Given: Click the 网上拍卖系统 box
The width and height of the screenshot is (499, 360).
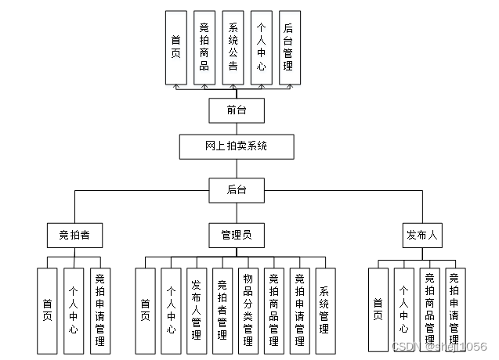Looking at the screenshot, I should tap(236, 146).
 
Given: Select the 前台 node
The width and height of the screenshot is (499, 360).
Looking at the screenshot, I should tap(236, 110).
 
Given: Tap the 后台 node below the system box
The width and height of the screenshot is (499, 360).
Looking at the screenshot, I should tap(236, 189).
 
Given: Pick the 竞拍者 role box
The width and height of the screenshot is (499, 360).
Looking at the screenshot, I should tap(74, 235).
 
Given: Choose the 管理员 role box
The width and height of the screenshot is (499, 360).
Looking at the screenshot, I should tap(236, 235).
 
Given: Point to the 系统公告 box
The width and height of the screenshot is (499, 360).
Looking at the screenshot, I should tap(233, 48).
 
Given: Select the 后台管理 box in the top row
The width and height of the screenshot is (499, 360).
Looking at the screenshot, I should tap(288, 48).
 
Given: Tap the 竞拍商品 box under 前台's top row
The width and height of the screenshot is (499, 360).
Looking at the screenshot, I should tap(204, 48).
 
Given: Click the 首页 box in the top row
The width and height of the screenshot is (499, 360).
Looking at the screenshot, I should tap(175, 48).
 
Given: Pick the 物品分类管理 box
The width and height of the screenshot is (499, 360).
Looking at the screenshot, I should tap(248, 311).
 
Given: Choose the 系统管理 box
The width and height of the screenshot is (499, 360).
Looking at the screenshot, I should tap(324, 311).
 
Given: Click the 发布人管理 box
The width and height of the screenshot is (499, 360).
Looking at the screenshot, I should tap(197, 311).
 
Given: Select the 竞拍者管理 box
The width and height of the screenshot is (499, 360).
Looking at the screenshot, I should tap(222, 311).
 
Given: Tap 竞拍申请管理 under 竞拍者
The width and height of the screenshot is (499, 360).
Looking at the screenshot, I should tap(100, 311).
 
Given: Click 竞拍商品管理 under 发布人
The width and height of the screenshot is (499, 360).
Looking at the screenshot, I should tap(428, 311).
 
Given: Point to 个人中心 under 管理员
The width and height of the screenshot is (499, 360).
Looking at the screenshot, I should tap(171, 311).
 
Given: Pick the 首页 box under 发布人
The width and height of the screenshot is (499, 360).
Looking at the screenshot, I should tap(378, 311).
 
